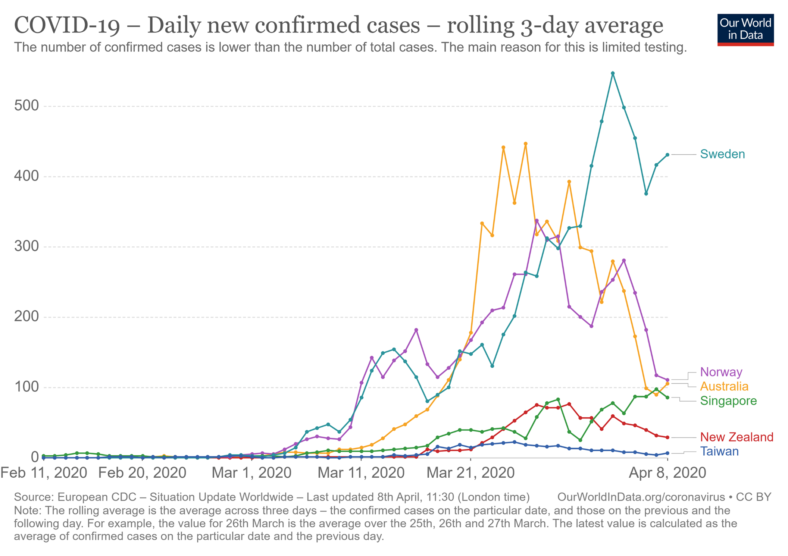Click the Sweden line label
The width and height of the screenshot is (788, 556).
(722, 154)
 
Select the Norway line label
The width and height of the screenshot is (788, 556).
(721, 372)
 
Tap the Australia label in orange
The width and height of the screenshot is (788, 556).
(724, 386)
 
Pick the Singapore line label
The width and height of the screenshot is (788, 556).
(728, 401)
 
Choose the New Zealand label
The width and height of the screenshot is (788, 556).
(736, 437)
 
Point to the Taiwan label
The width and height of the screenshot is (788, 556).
(719, 451)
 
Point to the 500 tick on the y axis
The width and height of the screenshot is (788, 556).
(26, 106)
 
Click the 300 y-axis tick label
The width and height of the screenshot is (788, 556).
(26, 246)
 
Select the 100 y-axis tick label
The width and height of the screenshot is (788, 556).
(26, 387)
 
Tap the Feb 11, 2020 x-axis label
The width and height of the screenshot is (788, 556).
(44, 473)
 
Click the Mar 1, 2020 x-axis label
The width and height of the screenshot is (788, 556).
(251, 473)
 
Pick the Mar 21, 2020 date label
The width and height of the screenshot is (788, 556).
(470, 473)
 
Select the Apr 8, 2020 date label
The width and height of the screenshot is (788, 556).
(667, 473)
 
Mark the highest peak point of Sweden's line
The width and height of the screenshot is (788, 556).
(613, 73)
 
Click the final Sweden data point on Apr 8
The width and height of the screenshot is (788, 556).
(667, 155)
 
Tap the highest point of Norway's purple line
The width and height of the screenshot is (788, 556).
(537, 221)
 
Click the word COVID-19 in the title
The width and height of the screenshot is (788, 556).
(67, 25)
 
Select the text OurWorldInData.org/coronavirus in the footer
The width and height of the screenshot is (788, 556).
(641, 497)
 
